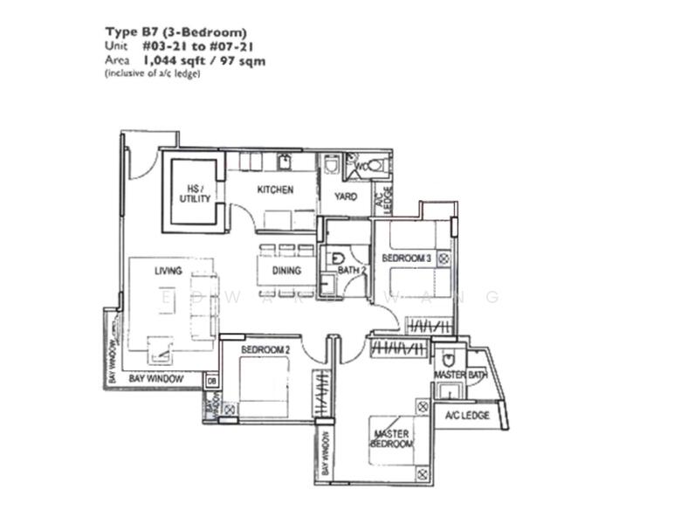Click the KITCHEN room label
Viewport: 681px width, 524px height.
275,190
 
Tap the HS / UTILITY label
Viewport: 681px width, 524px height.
195,193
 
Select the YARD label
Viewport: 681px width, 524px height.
346,196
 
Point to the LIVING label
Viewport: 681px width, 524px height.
169,271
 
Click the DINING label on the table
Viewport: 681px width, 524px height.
286,271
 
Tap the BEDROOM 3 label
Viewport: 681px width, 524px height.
406,259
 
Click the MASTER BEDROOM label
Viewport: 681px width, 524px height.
393,438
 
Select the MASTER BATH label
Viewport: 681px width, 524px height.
459,375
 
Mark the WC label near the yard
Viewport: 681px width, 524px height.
361,164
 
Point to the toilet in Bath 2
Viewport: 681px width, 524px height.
336,259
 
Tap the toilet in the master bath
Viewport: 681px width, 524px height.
449,358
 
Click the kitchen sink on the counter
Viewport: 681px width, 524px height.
285,161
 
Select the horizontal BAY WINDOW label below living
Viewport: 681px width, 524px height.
156,379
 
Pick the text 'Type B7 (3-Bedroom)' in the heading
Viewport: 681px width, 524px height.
175,33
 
